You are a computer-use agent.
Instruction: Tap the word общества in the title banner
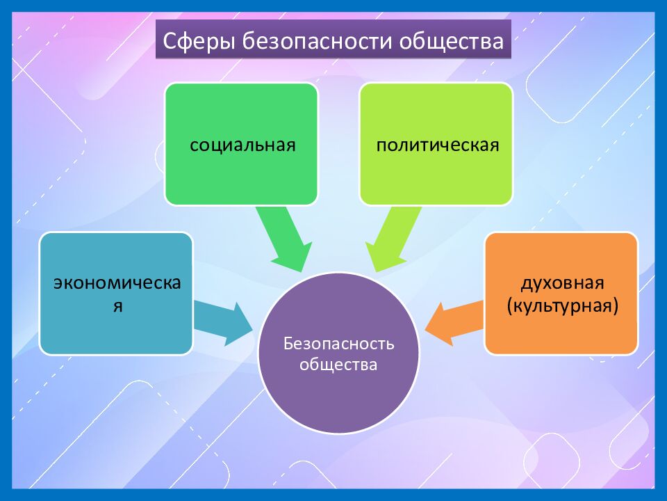click(x=451, y=41)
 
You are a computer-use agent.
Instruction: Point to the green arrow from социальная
click(x=281, y=240)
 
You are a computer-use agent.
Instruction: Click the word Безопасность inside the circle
click(x=338, y=344)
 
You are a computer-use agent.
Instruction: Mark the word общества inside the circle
click(x=338, y=364)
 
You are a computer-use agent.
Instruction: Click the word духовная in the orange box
click(x=561, y=284)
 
